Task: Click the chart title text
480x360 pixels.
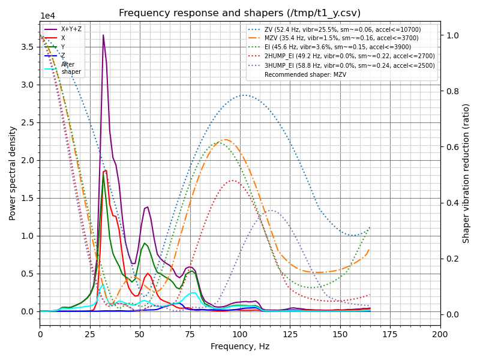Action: [240, 13]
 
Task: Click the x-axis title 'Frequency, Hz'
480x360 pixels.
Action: [240, 346]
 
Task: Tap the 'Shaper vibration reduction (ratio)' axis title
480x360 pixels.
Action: [466, 173]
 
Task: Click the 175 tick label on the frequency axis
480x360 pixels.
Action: [390, 334]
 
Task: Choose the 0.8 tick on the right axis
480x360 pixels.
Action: [451, 91]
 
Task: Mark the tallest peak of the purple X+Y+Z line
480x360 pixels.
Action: [103, 35]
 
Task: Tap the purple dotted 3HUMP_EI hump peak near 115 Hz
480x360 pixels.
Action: [271, 210]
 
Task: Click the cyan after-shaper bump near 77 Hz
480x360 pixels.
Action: [193, 293]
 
